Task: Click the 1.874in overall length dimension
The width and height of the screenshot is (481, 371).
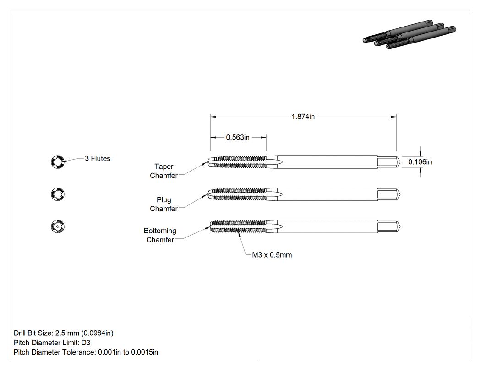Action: (x=303, y=117)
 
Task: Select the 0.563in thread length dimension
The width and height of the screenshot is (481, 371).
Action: (x=238, y=138)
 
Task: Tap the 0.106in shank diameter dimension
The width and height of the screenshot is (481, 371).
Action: (x=420, y=162)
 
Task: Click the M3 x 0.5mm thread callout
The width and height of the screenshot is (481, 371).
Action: (x=272, y=255)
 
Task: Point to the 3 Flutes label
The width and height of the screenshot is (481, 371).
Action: (x=98, y=158)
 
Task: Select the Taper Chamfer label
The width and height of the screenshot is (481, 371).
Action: (x=164, y=171)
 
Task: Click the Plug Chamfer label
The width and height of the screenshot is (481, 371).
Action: (x=164, y=204)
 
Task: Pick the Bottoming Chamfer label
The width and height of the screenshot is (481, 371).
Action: (x=160, y=235)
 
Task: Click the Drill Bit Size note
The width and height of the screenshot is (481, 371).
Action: (x=64, y=333)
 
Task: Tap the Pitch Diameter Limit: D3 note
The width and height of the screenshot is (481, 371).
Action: (x=52, y=343)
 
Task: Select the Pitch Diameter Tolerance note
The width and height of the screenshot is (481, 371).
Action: (x=86, y=352)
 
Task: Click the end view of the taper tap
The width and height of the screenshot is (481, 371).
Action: (x=58, y=161)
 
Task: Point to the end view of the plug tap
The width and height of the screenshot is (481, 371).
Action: (x=58, y=194)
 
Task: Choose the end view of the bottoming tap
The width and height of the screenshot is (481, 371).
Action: (x=58, y=226)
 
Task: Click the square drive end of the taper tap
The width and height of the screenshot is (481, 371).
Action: (x=388, y=162)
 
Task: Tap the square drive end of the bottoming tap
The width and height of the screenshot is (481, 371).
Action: (x=388, y=226)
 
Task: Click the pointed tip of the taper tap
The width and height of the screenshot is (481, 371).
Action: (x=208, y=162)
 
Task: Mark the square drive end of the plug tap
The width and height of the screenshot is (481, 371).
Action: (x=388, y=194)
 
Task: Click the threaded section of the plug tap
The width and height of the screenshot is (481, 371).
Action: (x=238, y=194)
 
